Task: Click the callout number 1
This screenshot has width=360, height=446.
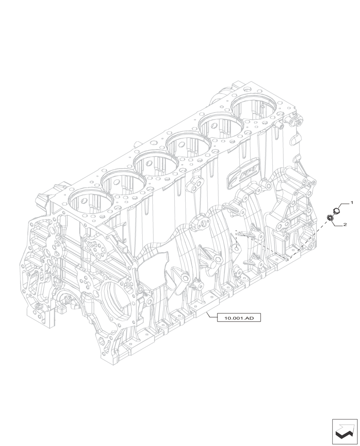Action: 352,203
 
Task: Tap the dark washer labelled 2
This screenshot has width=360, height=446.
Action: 331,218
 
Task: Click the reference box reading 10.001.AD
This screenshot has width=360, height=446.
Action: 238,318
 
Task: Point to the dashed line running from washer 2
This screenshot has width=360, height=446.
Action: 307,239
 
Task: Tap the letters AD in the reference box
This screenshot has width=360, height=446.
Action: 250,318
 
